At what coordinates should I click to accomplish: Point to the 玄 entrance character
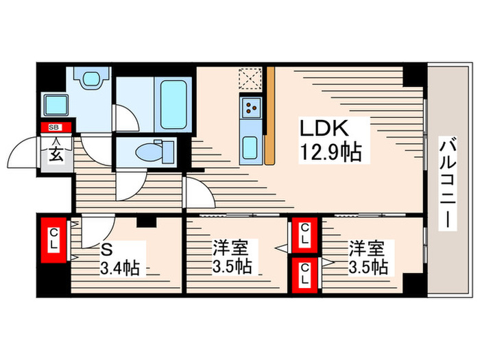click(x=53, y=152)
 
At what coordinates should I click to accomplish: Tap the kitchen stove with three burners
click(x=251, y=107)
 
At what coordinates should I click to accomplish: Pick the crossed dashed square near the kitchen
click(x=250, y=78)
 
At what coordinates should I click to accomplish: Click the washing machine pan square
click(x=56, y=106)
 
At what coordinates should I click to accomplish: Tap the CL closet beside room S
click(x=53, y=239)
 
